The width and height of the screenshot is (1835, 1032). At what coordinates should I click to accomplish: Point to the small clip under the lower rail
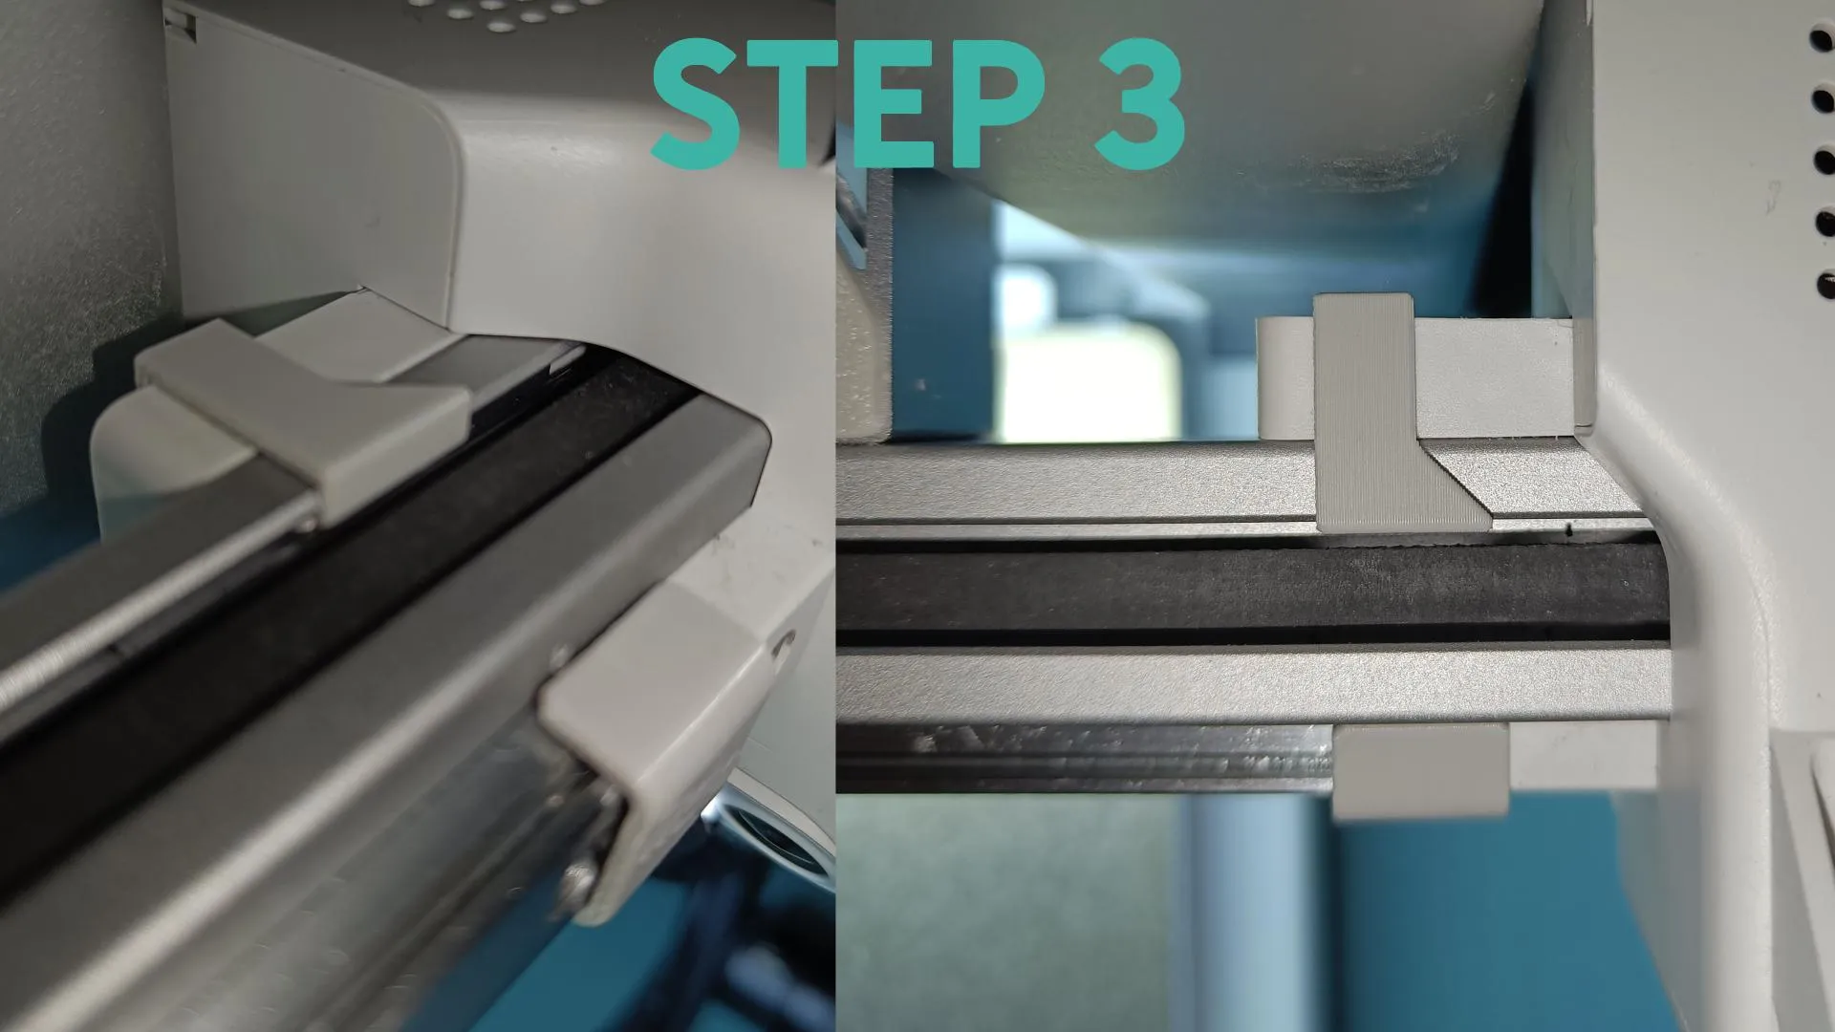pos(1419,770)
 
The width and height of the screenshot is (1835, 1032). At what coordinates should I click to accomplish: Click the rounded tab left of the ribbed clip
pos(1284,376)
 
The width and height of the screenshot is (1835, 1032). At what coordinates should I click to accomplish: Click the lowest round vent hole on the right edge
pos(1824,285)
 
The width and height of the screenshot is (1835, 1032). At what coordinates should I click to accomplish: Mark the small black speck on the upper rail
pos(1569,527)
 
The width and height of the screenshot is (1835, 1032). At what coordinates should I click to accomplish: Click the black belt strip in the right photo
pos(1252,596)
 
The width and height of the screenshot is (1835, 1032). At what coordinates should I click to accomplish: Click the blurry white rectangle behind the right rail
pos(1090,377)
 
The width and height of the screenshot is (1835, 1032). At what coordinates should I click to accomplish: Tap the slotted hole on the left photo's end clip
pos(785,644)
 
